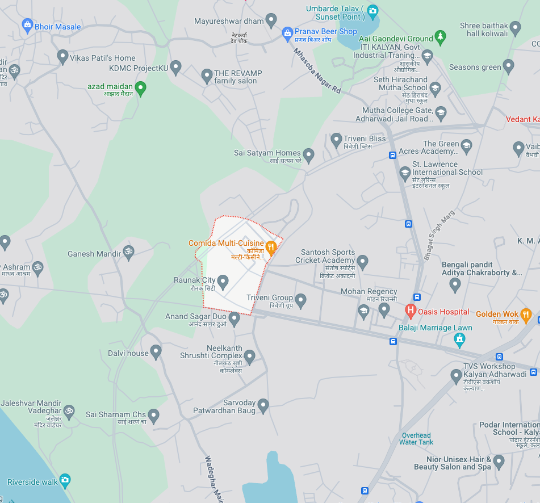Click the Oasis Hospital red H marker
[x=410, y=311]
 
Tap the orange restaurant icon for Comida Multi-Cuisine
[x=271, y=246]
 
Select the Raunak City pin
[x=223, y=281]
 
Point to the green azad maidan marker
[x=141, y=87]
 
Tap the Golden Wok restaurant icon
[x=526, y=314]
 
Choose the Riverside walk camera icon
[x=65, y=481]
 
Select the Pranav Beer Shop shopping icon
[x=287, y=33]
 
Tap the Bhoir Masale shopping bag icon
[x=27, y=25]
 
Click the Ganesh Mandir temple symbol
[x=128, y=252]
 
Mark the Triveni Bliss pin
[x=336, y=139]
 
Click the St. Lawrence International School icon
[x=405, y=172]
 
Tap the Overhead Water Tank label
[x=416, y=439]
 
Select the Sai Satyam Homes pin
[x=308, y=154]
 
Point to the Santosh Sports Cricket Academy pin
[x=362, y=262]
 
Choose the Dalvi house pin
[x=156, y=352]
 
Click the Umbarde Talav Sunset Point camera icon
[x=372, y=10]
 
